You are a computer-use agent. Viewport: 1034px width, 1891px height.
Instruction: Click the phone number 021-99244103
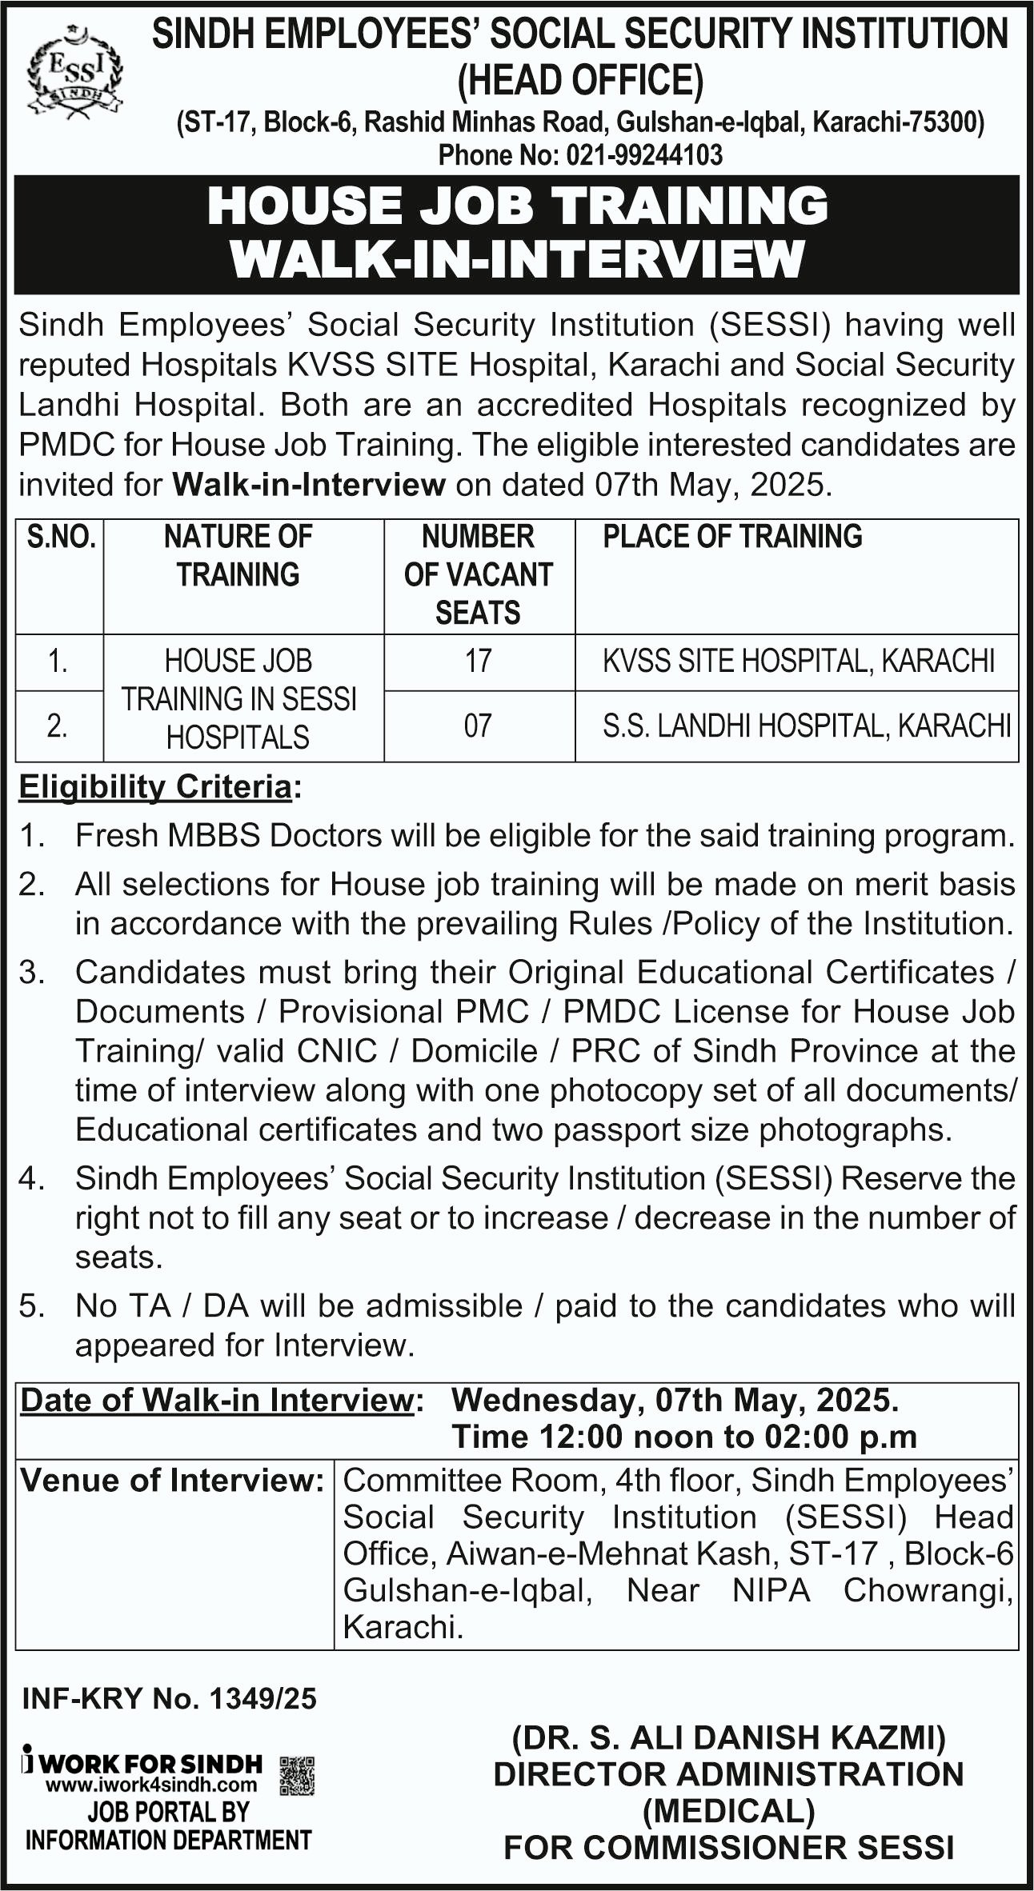643,154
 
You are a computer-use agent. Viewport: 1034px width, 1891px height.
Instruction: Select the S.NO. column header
61,537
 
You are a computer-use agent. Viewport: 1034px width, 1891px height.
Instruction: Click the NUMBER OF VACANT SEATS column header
479,574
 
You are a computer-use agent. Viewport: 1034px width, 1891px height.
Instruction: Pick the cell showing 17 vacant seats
479,662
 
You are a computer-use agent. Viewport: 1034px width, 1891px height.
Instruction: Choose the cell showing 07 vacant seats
479,726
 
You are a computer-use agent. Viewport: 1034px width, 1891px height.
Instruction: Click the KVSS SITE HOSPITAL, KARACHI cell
798,662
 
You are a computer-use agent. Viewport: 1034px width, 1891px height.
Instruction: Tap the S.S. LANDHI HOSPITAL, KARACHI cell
806,726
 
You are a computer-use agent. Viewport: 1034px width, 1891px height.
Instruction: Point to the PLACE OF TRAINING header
732,537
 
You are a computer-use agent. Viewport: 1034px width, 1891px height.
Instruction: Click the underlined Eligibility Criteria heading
156,787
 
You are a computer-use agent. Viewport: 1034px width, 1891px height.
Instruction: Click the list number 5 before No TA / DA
31,1306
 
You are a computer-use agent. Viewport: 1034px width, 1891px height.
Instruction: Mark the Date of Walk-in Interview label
216,1401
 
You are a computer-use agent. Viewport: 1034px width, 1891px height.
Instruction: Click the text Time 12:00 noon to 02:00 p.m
684,1437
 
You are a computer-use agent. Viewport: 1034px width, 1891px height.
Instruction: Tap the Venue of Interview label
171,1481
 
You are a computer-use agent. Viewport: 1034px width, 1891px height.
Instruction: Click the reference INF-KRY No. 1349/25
169,1698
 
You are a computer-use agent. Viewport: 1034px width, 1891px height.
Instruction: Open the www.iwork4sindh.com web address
151,1785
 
